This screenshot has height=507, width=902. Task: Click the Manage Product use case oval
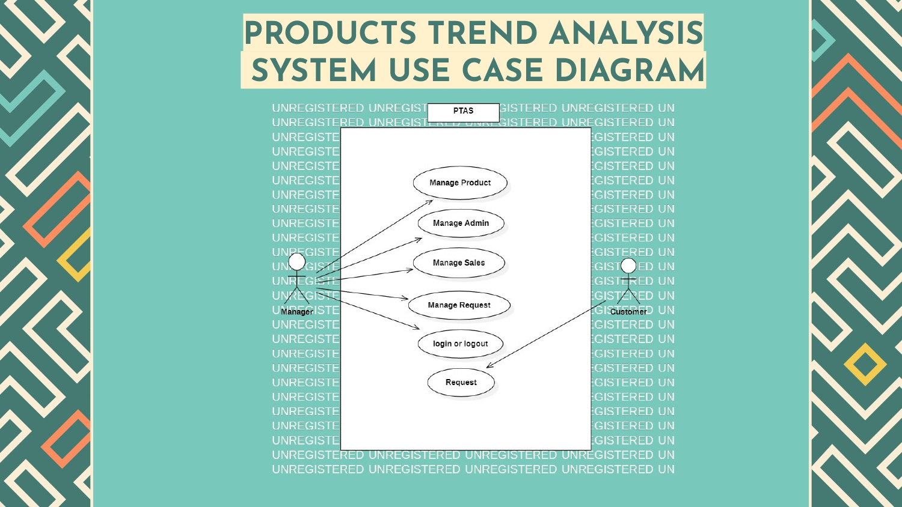pos(460,183)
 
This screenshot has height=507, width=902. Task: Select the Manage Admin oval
pos(461,223)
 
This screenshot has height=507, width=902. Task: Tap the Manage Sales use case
pos(459,263)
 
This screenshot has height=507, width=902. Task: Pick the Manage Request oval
pos(459,305)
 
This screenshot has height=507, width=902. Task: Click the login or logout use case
pos(460,344)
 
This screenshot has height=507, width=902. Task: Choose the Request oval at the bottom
pos(461,383)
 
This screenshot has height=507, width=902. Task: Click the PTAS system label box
pos(463,112)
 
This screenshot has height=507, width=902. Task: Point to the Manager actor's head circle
pos(297,261)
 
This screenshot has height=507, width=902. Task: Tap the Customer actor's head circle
pos(628,266)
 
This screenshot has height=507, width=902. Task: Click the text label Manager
pos(296,312)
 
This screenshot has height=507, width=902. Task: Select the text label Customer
pos(628,312)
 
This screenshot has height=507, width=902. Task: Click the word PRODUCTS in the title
pos(330,34)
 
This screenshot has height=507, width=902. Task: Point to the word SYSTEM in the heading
pos(313,71)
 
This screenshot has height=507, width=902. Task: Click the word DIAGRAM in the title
pos(630,71)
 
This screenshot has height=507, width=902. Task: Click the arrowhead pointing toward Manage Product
pos(430,202)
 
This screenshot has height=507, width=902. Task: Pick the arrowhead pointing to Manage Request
pos(406,299)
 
